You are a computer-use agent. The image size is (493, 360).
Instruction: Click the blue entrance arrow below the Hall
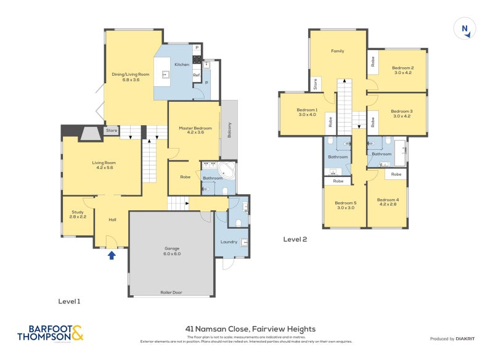coord(112,255)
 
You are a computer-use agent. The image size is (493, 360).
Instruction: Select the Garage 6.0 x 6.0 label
coord(171,252)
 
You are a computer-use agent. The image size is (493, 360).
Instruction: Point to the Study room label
coord(78,215)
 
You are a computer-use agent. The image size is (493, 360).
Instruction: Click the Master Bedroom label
coord(195,131)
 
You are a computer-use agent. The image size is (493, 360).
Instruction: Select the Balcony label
coord(229,128)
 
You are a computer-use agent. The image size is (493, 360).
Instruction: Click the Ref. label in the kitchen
coord(197,75)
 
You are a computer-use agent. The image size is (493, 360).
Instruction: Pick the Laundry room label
coord(229,242)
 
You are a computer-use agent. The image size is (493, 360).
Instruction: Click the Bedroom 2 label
coord(403,70)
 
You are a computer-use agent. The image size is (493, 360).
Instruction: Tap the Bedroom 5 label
coord(346,205)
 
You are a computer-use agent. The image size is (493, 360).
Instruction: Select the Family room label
coord(337,51)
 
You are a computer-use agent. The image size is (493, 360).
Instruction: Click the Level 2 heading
coord(295,239)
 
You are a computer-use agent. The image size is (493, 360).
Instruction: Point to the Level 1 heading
coord(69,301)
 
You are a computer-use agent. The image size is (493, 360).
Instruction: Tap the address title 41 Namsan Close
coord(250,329)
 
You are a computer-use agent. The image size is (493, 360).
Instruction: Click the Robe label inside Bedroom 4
coord(396,174)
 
